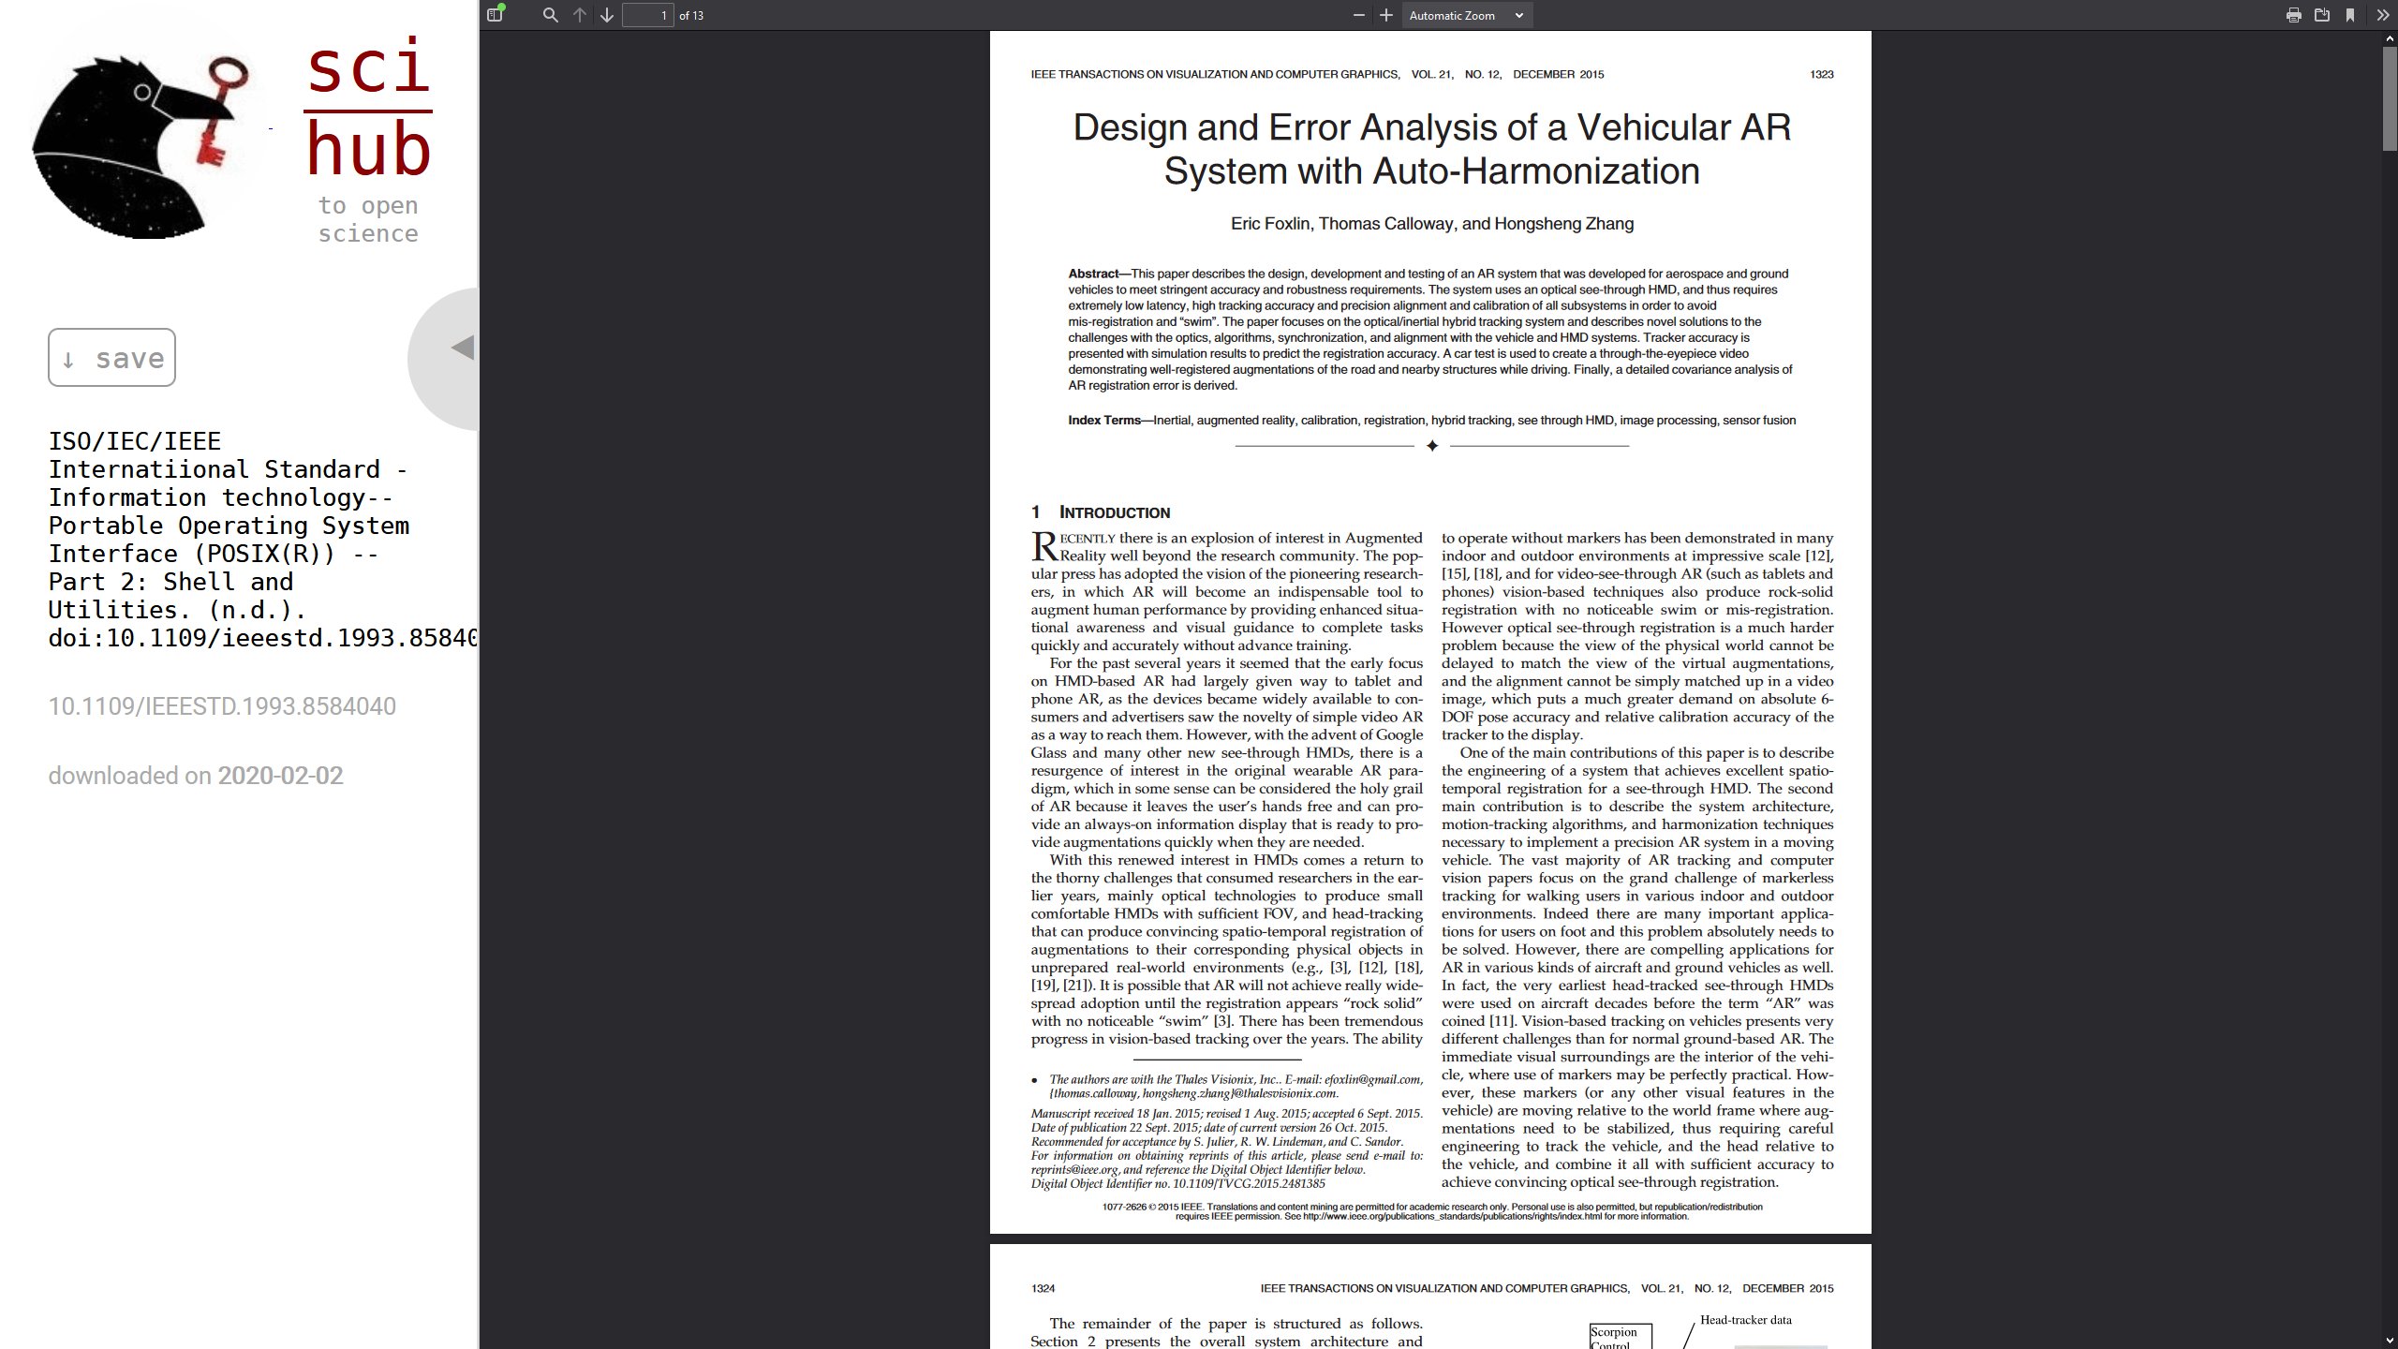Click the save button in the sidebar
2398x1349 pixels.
click(x=111, y=357)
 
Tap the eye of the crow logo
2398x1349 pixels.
click(x=142, y=93)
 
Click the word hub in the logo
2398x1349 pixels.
click(x=368, y=150)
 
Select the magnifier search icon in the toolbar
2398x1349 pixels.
click(x=551, y=15)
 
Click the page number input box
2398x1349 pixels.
click(x=648, y=15)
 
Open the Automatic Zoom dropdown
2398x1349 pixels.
click(x=1466, y=15)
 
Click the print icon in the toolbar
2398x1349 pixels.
click(x=2293, y=15)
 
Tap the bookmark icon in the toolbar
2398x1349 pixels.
click(x=2350, y=15)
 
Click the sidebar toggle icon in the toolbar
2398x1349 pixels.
click(x=496, y=15)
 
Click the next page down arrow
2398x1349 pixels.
click(x=607, y=15)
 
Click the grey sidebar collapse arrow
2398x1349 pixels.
click(x=462, y=348)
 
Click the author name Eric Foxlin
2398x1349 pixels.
click(x=1271, y=224)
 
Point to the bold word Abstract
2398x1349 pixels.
click(x=1093, y=274)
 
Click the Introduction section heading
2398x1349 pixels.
click(x=1114, y=512)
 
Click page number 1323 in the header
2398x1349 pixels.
click(x=1821, y=74)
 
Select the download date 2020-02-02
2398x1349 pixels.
click(x=280, y=776)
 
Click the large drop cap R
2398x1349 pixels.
click(x=1044, y=546)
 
